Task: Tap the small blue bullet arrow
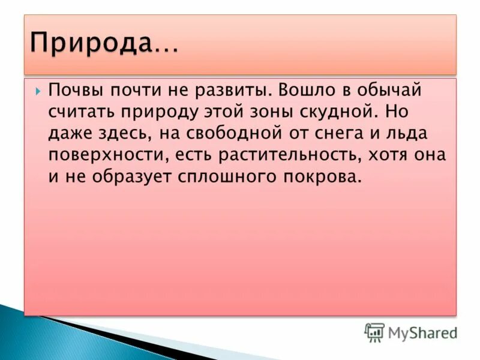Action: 38,91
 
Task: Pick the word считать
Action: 84,112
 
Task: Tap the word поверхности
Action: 108,155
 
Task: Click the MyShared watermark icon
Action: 374,332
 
